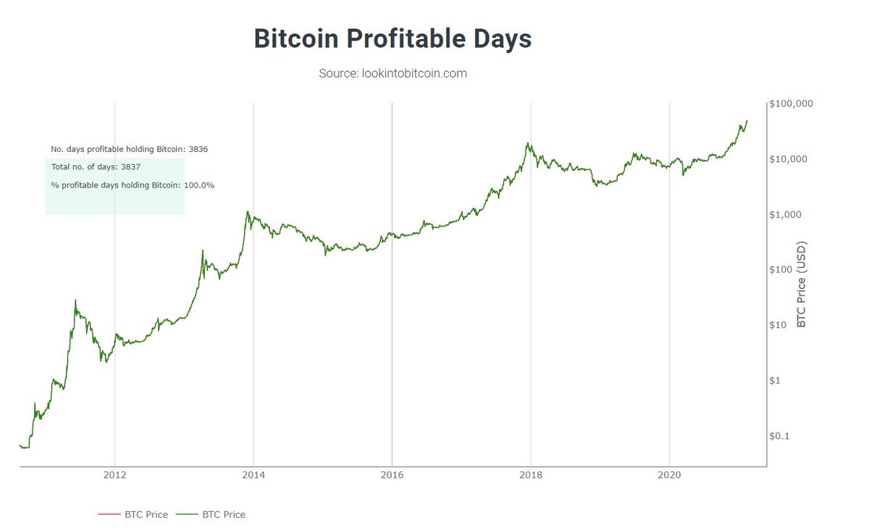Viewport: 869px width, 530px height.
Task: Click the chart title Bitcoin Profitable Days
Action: [393, 39]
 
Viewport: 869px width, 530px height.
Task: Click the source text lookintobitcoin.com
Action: [392, 73]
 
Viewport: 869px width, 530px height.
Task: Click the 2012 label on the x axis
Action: [114, 476]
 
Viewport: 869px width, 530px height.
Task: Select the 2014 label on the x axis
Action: [253, 476]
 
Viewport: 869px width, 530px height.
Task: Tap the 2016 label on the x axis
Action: [392, 476]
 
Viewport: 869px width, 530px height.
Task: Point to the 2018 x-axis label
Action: [531, 476]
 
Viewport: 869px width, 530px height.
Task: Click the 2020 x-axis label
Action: [669, 476]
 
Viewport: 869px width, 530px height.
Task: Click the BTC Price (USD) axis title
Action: [801, 285]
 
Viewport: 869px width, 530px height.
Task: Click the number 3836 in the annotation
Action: [198, 148]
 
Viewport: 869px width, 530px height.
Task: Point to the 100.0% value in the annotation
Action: [198, 185]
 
